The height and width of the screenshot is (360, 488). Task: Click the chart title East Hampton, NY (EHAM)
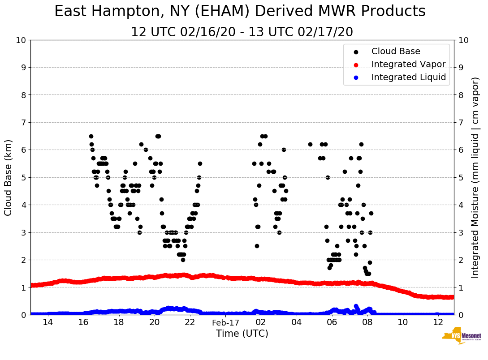click(240, 12)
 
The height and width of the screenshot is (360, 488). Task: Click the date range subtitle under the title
click(242, 32)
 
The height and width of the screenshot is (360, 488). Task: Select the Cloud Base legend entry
click(396, 51)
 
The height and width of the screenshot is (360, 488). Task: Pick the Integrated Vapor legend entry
click(408, 64)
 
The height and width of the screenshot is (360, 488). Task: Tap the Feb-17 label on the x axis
click(225, 323)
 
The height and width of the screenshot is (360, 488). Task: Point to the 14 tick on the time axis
click(48, 322)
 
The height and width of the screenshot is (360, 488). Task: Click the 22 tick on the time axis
click(190, 322)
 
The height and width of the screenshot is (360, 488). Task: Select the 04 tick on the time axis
click(296, 322)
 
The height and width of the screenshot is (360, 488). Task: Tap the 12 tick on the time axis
click(438, 322)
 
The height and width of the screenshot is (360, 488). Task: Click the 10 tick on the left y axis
click(21, 40)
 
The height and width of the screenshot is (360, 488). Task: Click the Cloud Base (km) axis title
click(9, 177)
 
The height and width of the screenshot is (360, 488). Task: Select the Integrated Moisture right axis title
click(475, 177)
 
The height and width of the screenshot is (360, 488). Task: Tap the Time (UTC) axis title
click(242, 334)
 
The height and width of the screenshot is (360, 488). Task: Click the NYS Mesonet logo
click(461, 337)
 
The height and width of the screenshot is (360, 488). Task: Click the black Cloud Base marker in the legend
click(356, 52)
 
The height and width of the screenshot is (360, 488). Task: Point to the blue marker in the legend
click(356, 78)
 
